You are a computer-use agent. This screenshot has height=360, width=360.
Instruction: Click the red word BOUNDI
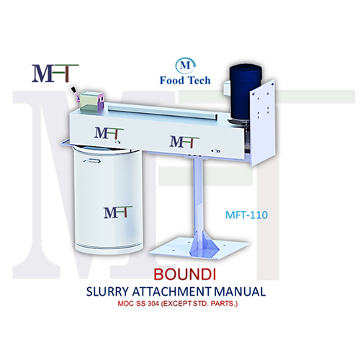click(x=184, y=274)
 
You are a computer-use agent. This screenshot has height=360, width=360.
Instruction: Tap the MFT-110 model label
click(x=246, y=215)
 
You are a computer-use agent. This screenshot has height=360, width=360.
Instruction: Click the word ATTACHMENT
click(x=172, y=292)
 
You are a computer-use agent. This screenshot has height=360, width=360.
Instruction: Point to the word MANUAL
click(x=240, y=292)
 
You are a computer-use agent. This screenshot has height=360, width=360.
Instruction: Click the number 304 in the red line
click(x=153, y=304)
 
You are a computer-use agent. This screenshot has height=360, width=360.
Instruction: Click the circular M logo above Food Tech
click(x=185, y=66)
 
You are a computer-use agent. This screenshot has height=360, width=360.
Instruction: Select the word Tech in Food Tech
click(x=198, y=81)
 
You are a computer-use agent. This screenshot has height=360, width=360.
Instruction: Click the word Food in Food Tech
click(x=171, y=81)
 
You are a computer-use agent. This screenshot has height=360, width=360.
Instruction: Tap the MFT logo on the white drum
click(x=118, y=212)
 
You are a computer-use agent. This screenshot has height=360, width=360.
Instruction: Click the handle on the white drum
click(x=92, y=161)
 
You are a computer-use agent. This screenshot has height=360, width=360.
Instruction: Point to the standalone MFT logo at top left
click(x=55, y=73)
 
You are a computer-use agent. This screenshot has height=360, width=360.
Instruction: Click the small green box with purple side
click(x=91, y=101)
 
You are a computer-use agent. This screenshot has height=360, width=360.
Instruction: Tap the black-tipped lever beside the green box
click(x=75, y=94)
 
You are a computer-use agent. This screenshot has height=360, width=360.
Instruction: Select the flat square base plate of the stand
click(x=199, y=248)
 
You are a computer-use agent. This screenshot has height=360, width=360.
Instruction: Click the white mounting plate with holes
click(x=263, y=122)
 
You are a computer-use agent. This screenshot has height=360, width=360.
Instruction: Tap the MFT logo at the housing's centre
click(x=184, y=142)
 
